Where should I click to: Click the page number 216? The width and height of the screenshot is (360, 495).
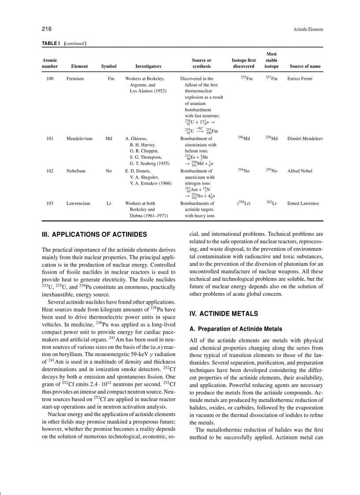pyautogui.click(x=47, y=29)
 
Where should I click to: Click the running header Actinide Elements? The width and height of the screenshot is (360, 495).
pyautogui.click(x=308, y=30)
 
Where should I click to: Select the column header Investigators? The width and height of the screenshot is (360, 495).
pyautogui.click(x=148, y=67)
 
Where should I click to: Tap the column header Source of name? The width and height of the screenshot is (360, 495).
pyautogui.click(x=305, y=67)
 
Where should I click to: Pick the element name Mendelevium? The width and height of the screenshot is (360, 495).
pyautogui.click(x=79, y=138)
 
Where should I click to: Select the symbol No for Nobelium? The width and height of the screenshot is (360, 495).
pyautogui.click(x=109, y=171)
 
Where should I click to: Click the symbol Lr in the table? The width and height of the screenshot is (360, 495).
pyautogui.click(x=109, y=204)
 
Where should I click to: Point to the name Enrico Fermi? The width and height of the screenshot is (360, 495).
pyautogui.click(x=300, y=79)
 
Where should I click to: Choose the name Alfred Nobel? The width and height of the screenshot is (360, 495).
pyautogui.click(x=300, y=171)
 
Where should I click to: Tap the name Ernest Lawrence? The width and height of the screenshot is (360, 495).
pyautogui.click(x=303, y=204)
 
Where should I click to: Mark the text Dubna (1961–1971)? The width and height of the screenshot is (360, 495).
pyautogui.click(x=149, y=216)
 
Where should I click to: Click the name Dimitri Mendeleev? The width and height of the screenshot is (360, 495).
pyautogui.click(x=305, y=138)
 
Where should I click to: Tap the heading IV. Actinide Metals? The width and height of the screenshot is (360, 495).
pyautogui.click(x=223, y=314)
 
